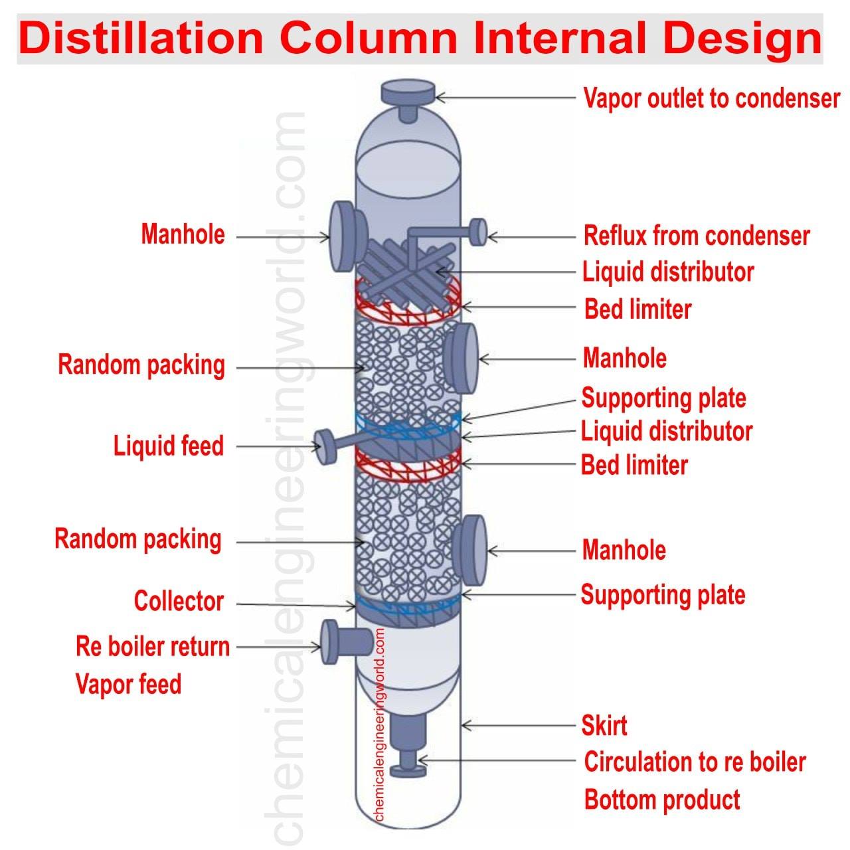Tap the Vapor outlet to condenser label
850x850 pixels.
[711, 98]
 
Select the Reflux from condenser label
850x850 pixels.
[697, 236]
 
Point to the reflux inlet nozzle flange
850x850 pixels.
[479, 232]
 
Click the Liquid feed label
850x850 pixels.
[169, 446]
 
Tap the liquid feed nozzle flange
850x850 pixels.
[325, 446]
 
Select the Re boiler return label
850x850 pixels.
[153, 647]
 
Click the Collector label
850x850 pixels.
[179, 601]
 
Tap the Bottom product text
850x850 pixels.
[661, 800]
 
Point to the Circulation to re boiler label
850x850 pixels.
[695, 762]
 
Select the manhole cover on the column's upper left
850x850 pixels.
[348, 236]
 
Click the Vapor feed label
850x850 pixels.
[128, 684]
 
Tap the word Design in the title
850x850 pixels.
[742, 40]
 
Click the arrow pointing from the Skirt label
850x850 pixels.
[519, 724]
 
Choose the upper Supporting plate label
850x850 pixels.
[663, 398]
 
